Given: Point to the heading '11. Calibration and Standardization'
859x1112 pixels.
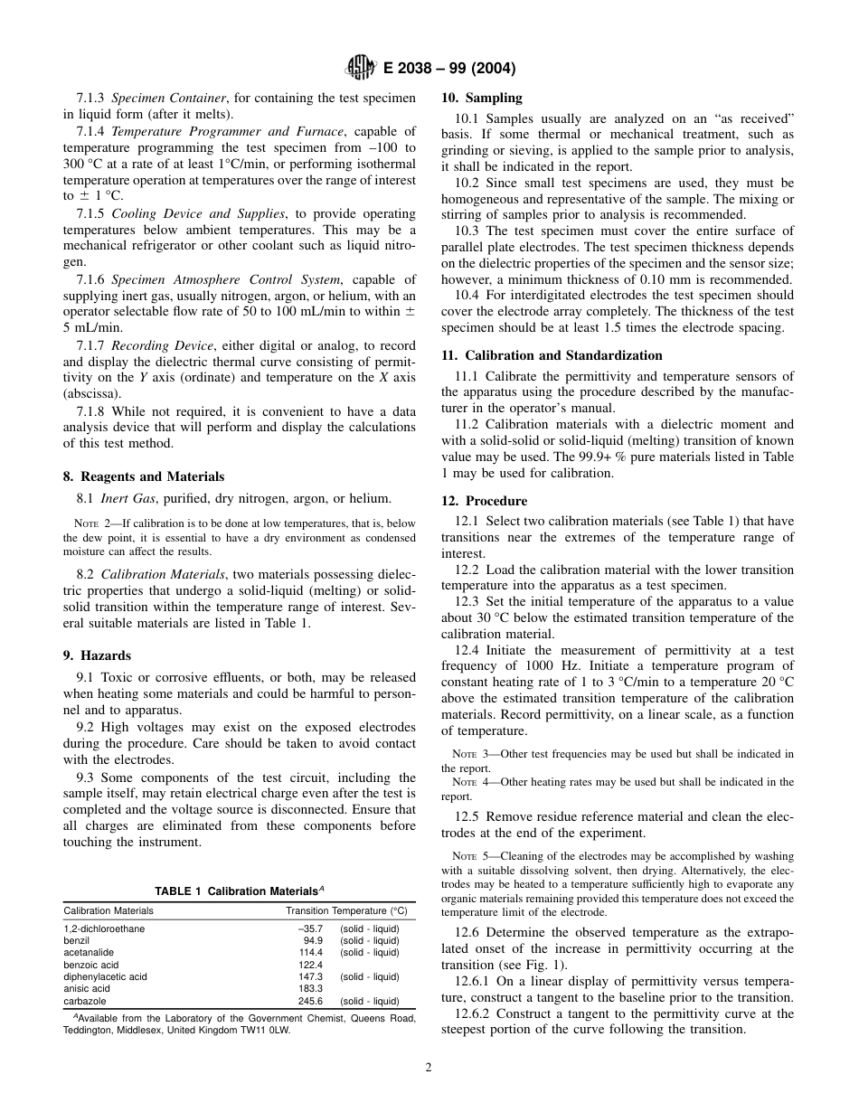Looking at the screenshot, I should coord(552,355).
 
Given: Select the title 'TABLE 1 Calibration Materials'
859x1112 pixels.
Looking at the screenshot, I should coord(239,891).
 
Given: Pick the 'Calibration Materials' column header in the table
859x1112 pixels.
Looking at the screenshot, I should coord(109,910).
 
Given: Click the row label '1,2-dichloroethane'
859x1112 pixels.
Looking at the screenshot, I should coord(104,928).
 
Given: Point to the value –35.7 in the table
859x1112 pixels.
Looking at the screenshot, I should coord(310,928).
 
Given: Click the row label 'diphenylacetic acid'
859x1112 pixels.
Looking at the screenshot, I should coord(105,976).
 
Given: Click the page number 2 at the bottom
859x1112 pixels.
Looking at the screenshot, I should coord(429,1067).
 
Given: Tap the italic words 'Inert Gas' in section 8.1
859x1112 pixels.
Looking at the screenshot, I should coord(129,498).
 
